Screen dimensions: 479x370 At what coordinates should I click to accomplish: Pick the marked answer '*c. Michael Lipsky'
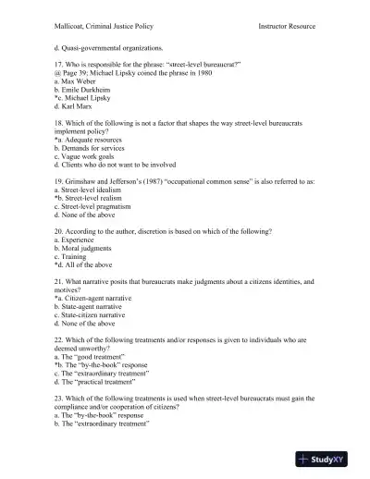pyautogui.click(x=84, y=106)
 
